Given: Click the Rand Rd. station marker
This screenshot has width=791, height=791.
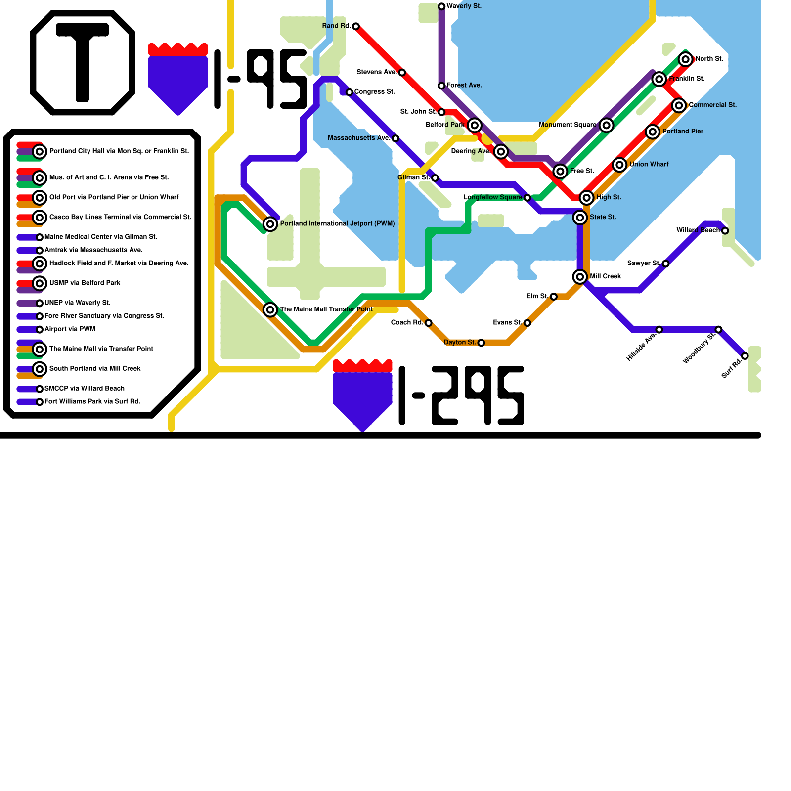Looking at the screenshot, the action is (x=356, y=26).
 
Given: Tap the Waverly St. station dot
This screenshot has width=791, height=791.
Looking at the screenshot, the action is (x=441, y=6).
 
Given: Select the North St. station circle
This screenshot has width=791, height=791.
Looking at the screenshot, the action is (x=685, y=59).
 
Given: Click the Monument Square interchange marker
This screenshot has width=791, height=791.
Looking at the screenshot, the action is (x=606, y=125).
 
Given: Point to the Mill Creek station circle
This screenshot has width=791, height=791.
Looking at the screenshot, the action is (x=580, y=277).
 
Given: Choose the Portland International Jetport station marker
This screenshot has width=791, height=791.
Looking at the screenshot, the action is (x=270, y=224).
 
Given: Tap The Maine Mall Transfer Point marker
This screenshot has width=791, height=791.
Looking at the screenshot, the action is (x=270, y=309).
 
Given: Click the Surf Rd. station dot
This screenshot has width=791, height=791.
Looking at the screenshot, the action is (x=745, y=356).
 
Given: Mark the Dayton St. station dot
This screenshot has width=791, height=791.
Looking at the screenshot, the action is (x=481, y=343).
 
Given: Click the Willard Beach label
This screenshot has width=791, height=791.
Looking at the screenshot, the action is (x=698, y=230).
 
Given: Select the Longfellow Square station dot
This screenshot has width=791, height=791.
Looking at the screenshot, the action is (x=527, y=198).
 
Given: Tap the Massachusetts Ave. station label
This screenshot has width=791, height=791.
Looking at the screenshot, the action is (x=359, y=138).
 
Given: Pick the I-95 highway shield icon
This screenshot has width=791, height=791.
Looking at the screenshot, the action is (x=178, y=79).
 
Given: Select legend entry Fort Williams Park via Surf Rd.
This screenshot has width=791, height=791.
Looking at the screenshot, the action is (x=92, y=401).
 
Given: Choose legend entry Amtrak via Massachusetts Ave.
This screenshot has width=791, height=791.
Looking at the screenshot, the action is (x=93, y=250).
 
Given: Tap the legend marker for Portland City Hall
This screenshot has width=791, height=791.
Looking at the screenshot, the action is (x=40, y=151).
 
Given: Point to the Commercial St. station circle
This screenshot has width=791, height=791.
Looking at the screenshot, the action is (x=679, y=105).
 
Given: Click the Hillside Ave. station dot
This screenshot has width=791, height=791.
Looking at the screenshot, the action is (x=659, y=330).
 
